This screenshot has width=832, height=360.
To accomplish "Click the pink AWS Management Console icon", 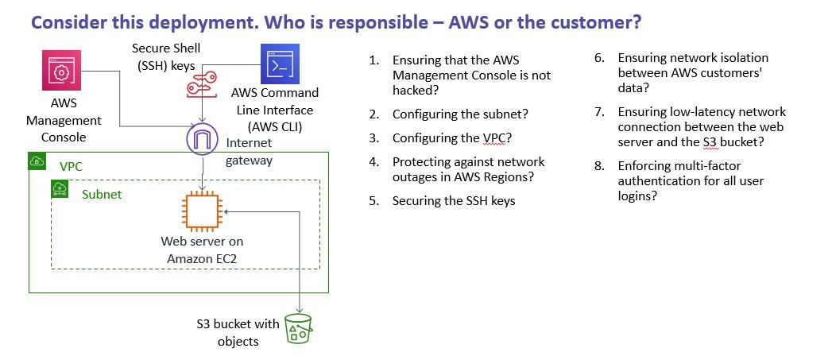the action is (x=61, y=71).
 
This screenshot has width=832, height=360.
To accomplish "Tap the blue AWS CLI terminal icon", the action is (x=280, y=64).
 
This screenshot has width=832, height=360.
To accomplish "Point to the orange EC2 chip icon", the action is (x=202, y=212).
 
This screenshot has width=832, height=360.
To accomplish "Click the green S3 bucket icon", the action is (x=299, y=328).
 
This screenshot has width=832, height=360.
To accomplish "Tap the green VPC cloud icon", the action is (x=37, y=161).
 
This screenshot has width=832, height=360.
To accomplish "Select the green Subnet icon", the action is (x=60, y=188).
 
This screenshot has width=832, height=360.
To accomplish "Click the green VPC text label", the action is (x=71, y=166).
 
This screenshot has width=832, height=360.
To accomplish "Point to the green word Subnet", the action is (x=102, y=195).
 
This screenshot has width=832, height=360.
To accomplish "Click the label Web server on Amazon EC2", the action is (x=202, y=250).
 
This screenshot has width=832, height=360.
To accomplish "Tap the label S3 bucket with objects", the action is (x=238, y=332).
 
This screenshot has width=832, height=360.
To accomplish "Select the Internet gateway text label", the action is (x=249, y=151).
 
